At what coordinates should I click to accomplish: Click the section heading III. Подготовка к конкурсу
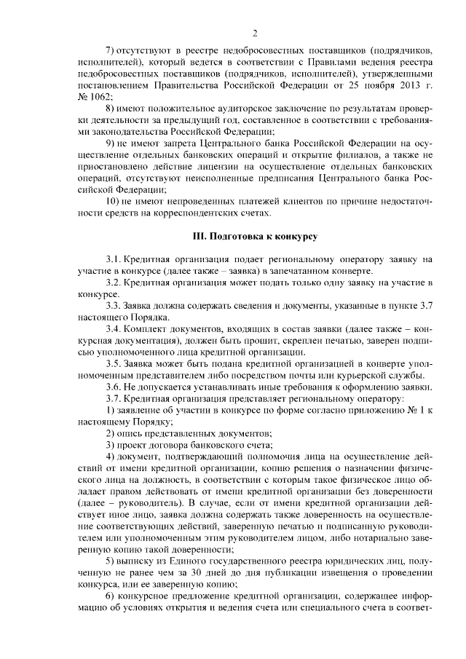[255, 237]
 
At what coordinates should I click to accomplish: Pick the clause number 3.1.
[114, 259]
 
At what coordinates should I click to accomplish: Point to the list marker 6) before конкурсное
[111, 594]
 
